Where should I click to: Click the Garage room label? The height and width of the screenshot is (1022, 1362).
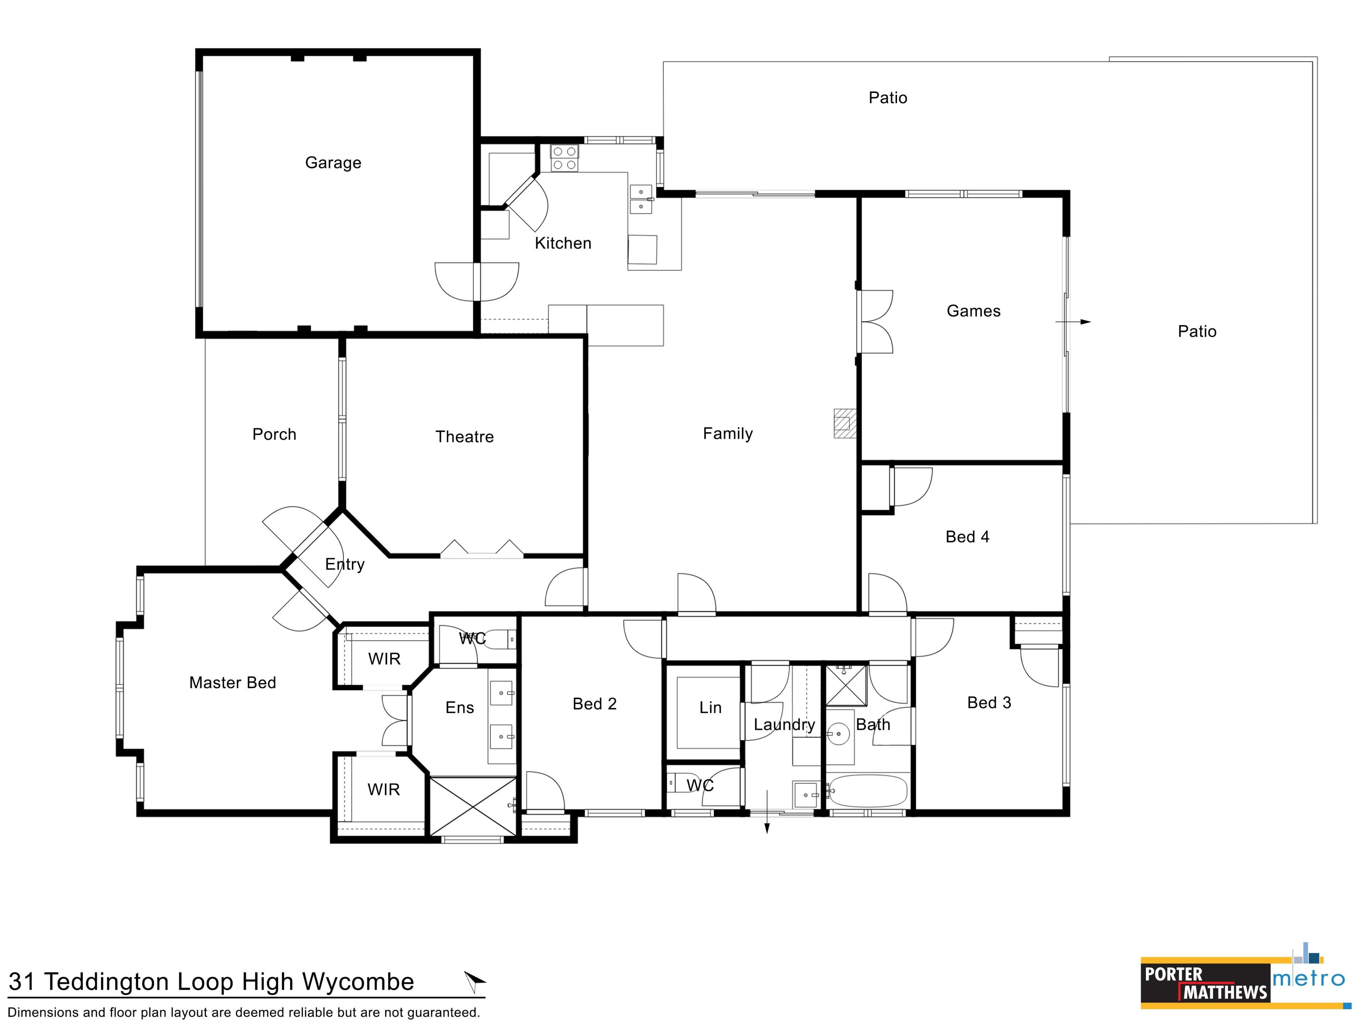[333, 163]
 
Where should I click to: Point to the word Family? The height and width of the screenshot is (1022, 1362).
[728, 434]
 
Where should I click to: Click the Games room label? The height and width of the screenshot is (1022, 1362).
[974, 311]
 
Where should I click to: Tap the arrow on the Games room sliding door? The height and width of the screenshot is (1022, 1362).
[1073, 322]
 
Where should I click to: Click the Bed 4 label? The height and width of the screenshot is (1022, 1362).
[967, 537]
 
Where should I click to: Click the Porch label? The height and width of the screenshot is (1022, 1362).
[274, 434]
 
